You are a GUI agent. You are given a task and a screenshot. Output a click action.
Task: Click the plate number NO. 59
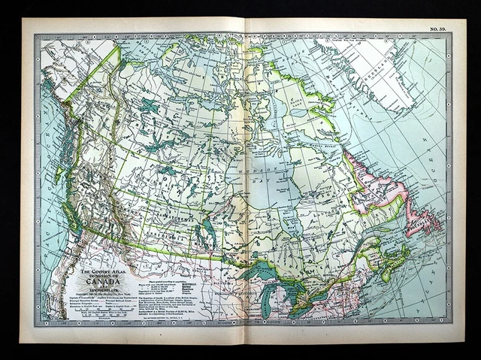click(438, 29)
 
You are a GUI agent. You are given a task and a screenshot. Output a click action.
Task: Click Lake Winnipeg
click(209, 228)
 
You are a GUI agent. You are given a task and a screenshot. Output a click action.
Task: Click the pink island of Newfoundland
click(422, 222)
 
